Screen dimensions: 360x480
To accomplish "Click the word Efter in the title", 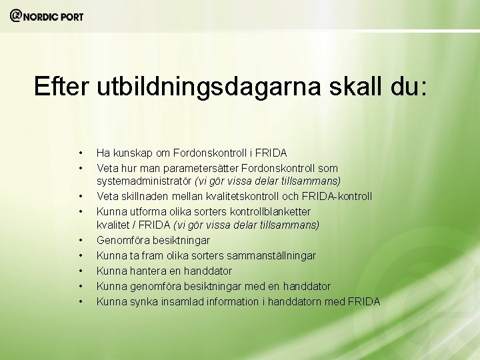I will click(62, 86).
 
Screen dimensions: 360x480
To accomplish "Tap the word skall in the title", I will click(349, 86).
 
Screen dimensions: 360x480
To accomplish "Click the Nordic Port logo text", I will click(53, 16).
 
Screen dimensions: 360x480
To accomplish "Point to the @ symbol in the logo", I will click(16, 15).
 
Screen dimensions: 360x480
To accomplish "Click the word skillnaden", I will click(147, 196).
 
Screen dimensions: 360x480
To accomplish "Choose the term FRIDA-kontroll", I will click(336, 196).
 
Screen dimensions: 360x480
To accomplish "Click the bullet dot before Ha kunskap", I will click(81, 153).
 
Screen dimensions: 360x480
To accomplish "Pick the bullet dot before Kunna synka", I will click(81, 301).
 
